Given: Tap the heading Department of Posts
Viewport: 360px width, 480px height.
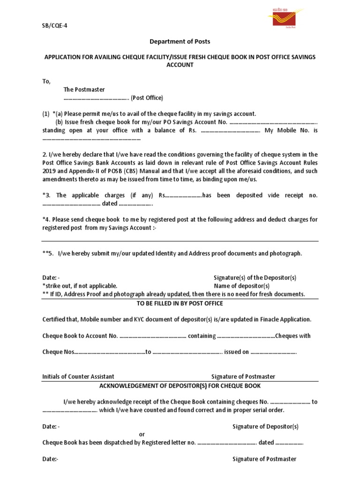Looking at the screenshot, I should (180, 42).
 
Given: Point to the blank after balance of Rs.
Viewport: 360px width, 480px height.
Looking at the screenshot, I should (230, 131).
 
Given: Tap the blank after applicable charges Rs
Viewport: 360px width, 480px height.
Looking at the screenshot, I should (184, 195).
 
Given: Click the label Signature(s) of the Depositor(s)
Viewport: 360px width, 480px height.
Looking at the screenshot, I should (255, 278).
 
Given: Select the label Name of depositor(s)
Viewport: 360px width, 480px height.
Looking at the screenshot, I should (242, 286).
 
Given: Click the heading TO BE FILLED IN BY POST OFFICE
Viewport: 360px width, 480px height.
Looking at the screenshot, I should (180, 303).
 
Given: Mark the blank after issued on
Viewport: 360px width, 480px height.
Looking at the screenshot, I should (273, 352).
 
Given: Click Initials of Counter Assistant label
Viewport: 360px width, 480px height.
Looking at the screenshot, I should (78, 376).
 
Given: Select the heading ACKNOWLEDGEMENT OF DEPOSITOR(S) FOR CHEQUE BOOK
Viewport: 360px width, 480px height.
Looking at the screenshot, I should (180, 386).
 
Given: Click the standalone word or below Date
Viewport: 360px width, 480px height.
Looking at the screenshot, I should (142, 435).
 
